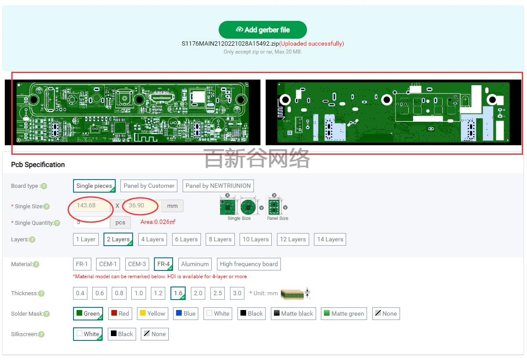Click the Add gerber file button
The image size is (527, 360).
[x=263, y=30]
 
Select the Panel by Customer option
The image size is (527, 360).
[x=149, y=186]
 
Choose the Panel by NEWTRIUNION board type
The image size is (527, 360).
[x=218, y=186]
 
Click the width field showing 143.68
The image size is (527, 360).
[x=91, y=206]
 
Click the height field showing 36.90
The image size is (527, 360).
[x=142, y=206]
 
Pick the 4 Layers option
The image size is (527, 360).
[x=152, y=239]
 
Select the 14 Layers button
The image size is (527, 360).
[x=330, y=239]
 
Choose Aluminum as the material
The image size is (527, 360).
[x=195, y=264]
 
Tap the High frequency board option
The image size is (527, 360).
[x=249, y=264]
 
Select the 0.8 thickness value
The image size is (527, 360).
[x=119, y=293]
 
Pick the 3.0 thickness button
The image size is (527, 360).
[x=237, y=293]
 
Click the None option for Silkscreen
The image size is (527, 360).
[x=155, y=334]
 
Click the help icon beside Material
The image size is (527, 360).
[x=36, y=264]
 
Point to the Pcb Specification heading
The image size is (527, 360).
[x=38, y=165]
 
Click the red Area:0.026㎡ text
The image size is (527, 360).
[x=157, y=222]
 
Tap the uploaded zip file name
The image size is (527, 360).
[x=230, y=43]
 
